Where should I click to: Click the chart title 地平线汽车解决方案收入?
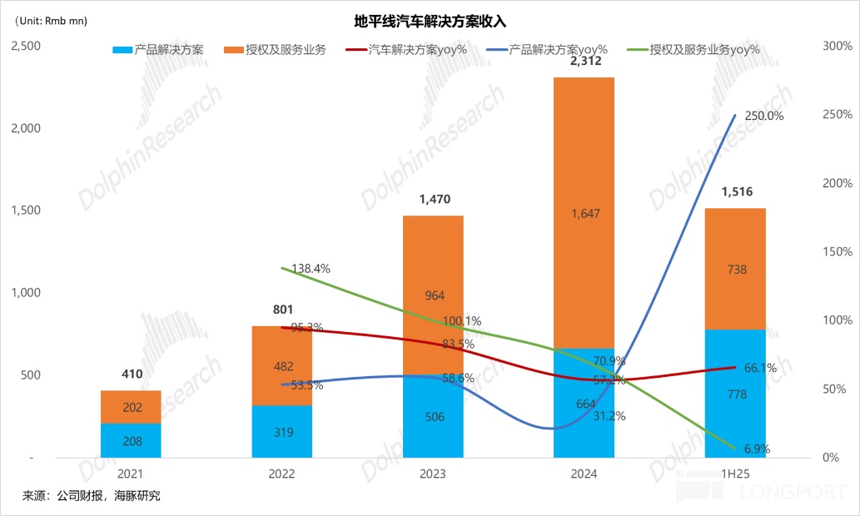click(430, 21)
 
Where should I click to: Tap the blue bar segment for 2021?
click(131, 441)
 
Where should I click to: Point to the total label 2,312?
click(584, 61)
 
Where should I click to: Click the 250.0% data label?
click(763, 117)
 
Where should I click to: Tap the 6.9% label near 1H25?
click(757, 449)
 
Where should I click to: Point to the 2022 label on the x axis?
click(281, 474)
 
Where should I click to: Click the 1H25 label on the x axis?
click(735, 474)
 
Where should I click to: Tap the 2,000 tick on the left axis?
click(25, 128)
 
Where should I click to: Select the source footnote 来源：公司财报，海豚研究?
click(92, 496)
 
